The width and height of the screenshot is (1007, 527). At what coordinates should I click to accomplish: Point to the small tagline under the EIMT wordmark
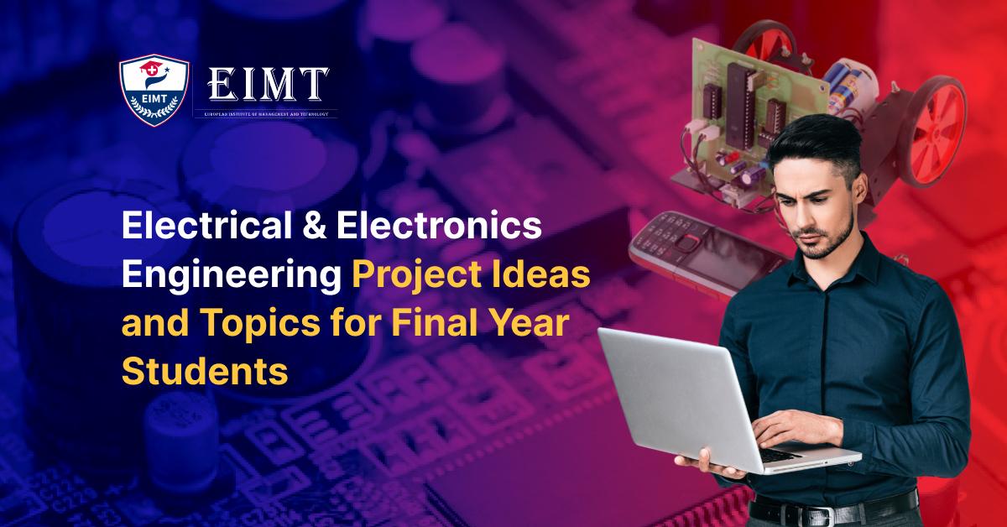(x=266, y=113)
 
